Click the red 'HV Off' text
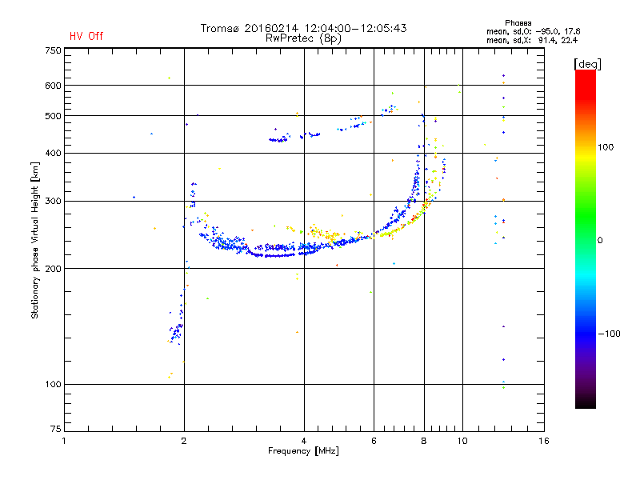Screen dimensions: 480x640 tap(86, 36)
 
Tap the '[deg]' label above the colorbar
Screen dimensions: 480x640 tap(587, 63)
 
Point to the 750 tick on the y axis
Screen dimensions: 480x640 tap(53, 50)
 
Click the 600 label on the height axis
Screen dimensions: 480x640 tap(53, 86)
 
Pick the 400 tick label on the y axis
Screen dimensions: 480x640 tap(53, 154)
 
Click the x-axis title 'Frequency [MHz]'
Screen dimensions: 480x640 tap(303, 452)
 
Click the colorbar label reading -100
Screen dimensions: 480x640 tap(611, 334)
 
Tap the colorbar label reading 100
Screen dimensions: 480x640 tap(607, 147)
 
